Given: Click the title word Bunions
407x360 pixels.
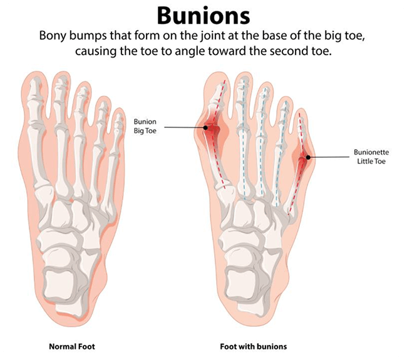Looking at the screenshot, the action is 203,15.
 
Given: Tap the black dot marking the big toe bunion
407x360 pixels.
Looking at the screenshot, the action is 205,128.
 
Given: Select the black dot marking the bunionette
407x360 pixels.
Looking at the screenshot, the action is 308,157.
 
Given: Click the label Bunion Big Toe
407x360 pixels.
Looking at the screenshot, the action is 145,126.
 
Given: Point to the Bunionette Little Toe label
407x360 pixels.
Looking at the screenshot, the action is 371,157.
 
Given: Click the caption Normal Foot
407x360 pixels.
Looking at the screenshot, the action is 72,346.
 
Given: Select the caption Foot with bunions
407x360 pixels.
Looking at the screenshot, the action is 254,346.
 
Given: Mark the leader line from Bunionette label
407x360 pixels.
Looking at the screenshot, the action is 329,157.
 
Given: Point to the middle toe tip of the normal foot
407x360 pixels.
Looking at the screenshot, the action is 83,93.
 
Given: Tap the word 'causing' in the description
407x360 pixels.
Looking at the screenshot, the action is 96,51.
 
